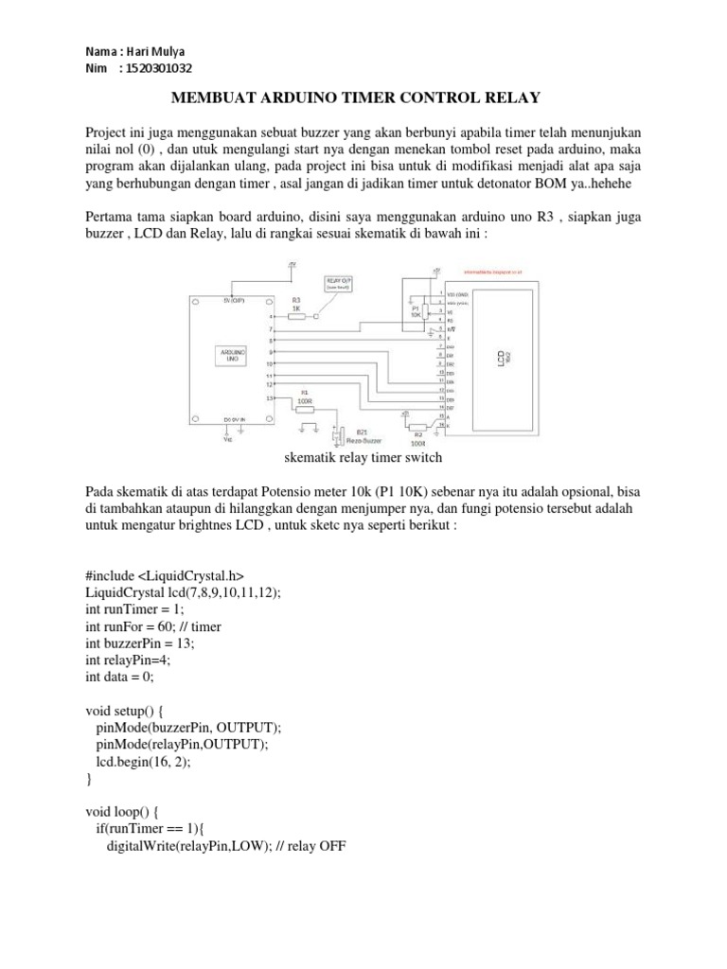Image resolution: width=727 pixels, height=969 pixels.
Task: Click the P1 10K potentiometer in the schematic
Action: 415,310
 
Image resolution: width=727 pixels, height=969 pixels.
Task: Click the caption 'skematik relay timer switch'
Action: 363,458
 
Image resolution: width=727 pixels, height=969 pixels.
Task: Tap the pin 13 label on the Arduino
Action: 270,398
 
